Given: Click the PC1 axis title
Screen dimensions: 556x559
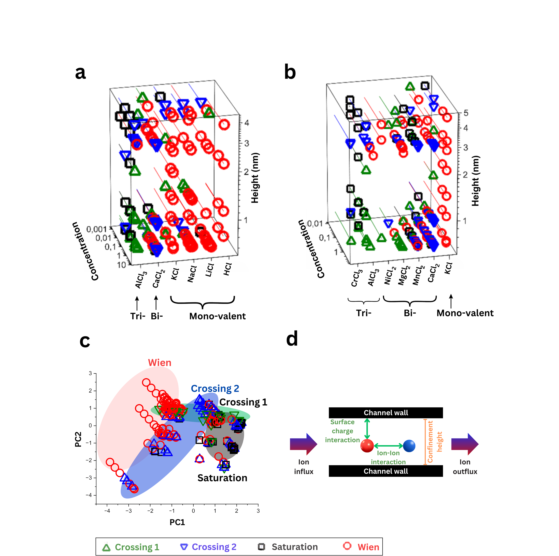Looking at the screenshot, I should coord(177,522).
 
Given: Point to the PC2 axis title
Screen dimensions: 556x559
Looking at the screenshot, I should coord(78,439).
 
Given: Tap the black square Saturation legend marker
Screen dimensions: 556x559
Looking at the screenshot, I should coord(261,546).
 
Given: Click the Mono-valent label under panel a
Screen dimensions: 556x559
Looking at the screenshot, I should coord(217,316).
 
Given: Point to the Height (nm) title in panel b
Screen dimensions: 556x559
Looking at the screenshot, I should coord(475,181).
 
